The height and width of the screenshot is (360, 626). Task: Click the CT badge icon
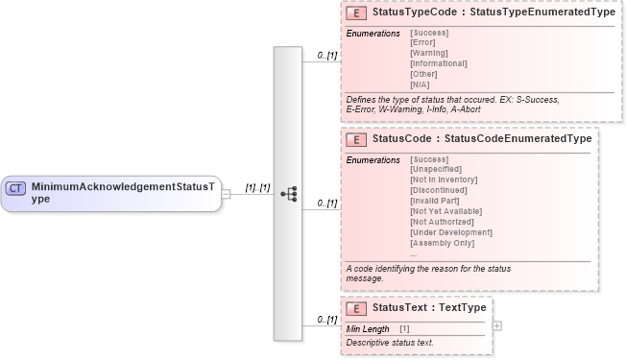pyautogui.click(x=16, y=188)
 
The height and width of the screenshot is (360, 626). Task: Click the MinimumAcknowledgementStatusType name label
pyautogui.click(x=123, y=192)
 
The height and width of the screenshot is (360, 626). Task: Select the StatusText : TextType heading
pyautogui.click(x=429, y=309)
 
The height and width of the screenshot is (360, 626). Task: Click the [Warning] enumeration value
pyautogui.click(x=428, y=53)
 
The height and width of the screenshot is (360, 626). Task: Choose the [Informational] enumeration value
pyautogui.click(x=438, y=63)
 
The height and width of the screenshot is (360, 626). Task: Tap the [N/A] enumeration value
pyautogui.click(x=421, y=84)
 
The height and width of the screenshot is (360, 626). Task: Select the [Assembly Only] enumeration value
pyautogui.click(x=443, y=243)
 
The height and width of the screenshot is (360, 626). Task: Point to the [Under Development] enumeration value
pyautogui.click(x=450, y=232)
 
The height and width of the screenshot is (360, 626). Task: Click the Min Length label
pyautogui.click(x=368, y=329)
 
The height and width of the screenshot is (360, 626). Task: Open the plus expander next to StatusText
pyautogui.click(x=496, y=325)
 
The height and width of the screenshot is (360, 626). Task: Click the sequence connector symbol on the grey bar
pyautogui.click(x=288, y=193)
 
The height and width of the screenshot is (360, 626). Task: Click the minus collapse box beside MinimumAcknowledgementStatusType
pyautogui.click(x=226, y=193)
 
